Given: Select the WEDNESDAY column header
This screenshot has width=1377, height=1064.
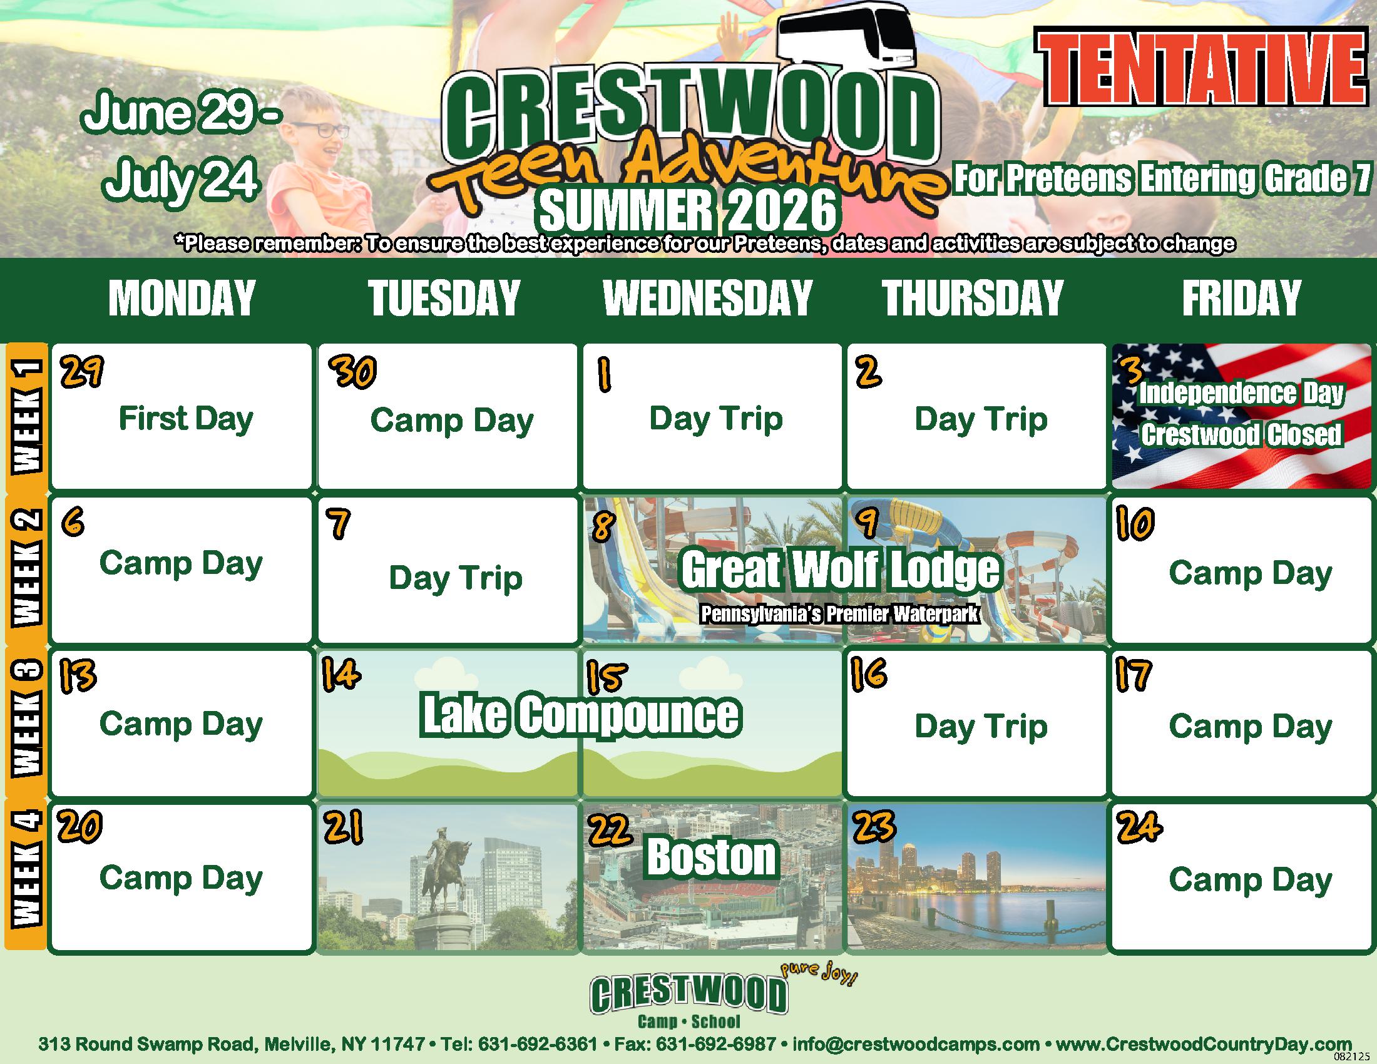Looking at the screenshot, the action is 707,298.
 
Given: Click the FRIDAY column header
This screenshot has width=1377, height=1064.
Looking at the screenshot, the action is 1241,298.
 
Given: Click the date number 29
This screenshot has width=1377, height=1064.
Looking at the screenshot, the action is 81,372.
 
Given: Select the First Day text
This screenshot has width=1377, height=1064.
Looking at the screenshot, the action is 186,419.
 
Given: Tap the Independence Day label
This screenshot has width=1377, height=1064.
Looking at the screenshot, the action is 1241,393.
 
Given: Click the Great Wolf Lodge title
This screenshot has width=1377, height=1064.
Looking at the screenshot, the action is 840,570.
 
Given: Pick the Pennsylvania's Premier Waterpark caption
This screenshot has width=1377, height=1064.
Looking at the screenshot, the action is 839,614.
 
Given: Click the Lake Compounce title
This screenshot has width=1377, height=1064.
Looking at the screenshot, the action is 581,715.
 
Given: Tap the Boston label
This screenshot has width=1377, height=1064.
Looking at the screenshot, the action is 712,857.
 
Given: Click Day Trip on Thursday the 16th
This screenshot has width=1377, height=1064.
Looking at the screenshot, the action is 981,727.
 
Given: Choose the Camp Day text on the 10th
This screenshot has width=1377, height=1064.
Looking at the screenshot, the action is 1251,573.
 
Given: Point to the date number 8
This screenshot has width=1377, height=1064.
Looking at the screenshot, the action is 603,524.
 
